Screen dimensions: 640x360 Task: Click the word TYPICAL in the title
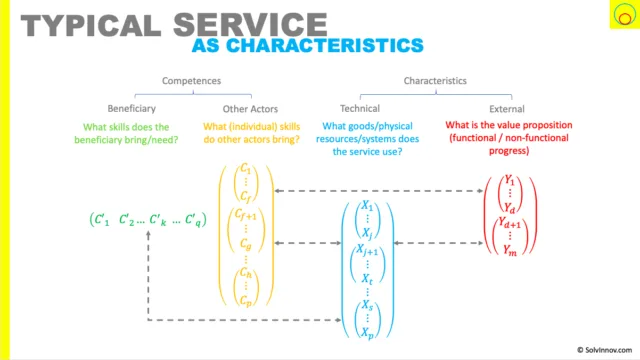91,25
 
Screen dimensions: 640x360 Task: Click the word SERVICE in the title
250,25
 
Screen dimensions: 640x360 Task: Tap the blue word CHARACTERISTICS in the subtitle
325,45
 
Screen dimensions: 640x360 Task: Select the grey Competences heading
191,81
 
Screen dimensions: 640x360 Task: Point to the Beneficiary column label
131,109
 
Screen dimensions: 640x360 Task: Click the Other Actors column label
250,109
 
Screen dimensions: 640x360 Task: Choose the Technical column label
360,109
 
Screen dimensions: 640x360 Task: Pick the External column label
507,109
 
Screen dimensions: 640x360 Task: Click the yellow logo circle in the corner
624,15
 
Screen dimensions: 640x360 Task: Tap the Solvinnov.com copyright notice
604,350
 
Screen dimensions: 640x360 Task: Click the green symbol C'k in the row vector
158,220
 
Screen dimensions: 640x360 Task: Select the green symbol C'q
193,220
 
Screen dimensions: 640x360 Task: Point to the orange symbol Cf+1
245,214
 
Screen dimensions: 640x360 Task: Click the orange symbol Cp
246,300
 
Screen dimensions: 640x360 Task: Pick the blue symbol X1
367,205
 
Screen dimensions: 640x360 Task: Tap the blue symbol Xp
367,333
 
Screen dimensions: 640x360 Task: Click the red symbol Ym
510,250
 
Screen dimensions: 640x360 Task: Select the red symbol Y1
509,180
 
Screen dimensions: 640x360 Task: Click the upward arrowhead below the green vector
148,235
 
